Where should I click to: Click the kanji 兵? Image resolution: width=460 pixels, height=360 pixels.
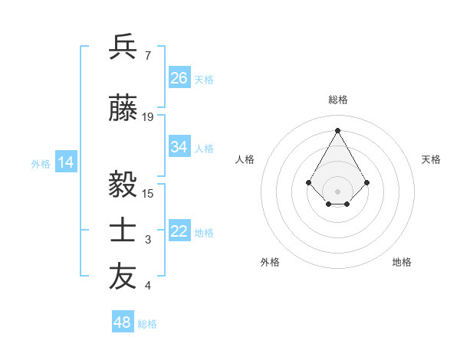tap(123, 47)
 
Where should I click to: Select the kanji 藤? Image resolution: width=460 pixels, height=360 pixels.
tap(123, 110)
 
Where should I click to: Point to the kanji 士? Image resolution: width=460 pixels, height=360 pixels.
tap(123, 231)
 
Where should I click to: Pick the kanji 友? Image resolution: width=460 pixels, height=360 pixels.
tap(123, 277)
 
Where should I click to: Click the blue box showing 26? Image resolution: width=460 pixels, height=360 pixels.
tap(179, 78)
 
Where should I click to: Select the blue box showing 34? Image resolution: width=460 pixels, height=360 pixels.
tap(179, 147)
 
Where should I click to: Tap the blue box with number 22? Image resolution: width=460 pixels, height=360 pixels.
tap(179, 231)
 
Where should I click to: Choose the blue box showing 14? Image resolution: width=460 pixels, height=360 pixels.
tap(66, 162)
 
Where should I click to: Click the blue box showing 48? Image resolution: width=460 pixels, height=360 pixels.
tap(123, 322)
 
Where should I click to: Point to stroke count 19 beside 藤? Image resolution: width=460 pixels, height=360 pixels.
tap(148, 117)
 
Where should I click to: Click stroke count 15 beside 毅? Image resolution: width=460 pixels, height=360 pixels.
tap(148, 192)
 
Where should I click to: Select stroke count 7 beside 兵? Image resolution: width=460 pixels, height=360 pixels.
tap(147, 55)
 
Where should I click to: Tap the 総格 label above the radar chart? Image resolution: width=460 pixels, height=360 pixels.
tap(338, 100)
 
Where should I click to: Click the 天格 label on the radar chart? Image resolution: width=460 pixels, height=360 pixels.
tap(432, 159)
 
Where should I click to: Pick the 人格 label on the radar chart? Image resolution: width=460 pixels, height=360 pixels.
tap(245, 159)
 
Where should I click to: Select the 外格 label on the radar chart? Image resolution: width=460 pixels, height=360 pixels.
tap(270, 262)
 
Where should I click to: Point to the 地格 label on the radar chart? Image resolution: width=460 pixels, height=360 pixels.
tap(402, 262)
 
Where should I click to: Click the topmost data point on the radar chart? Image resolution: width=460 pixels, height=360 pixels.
tap(338, 130)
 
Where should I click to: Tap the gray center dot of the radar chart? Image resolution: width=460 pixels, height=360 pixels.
tap(338, 191)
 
